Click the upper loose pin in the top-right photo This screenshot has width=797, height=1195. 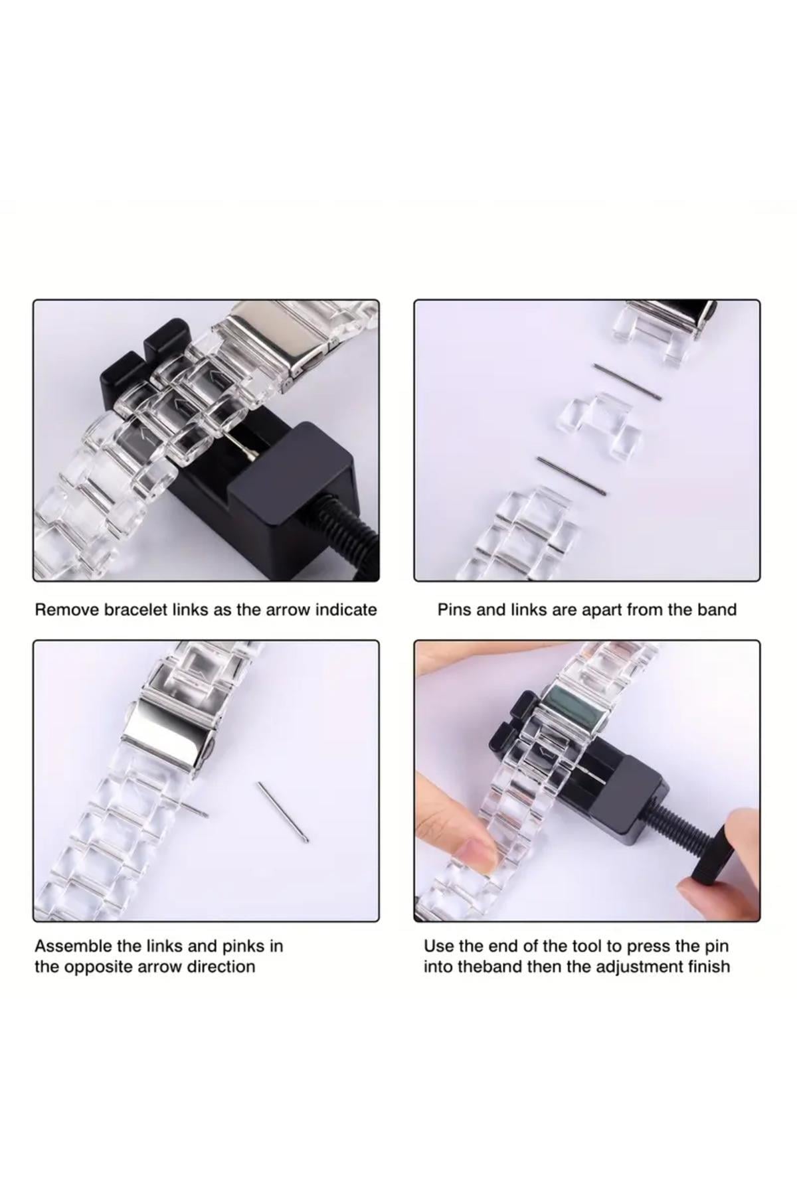(627, 382)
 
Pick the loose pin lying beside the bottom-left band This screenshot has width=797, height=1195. (283, 811)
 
